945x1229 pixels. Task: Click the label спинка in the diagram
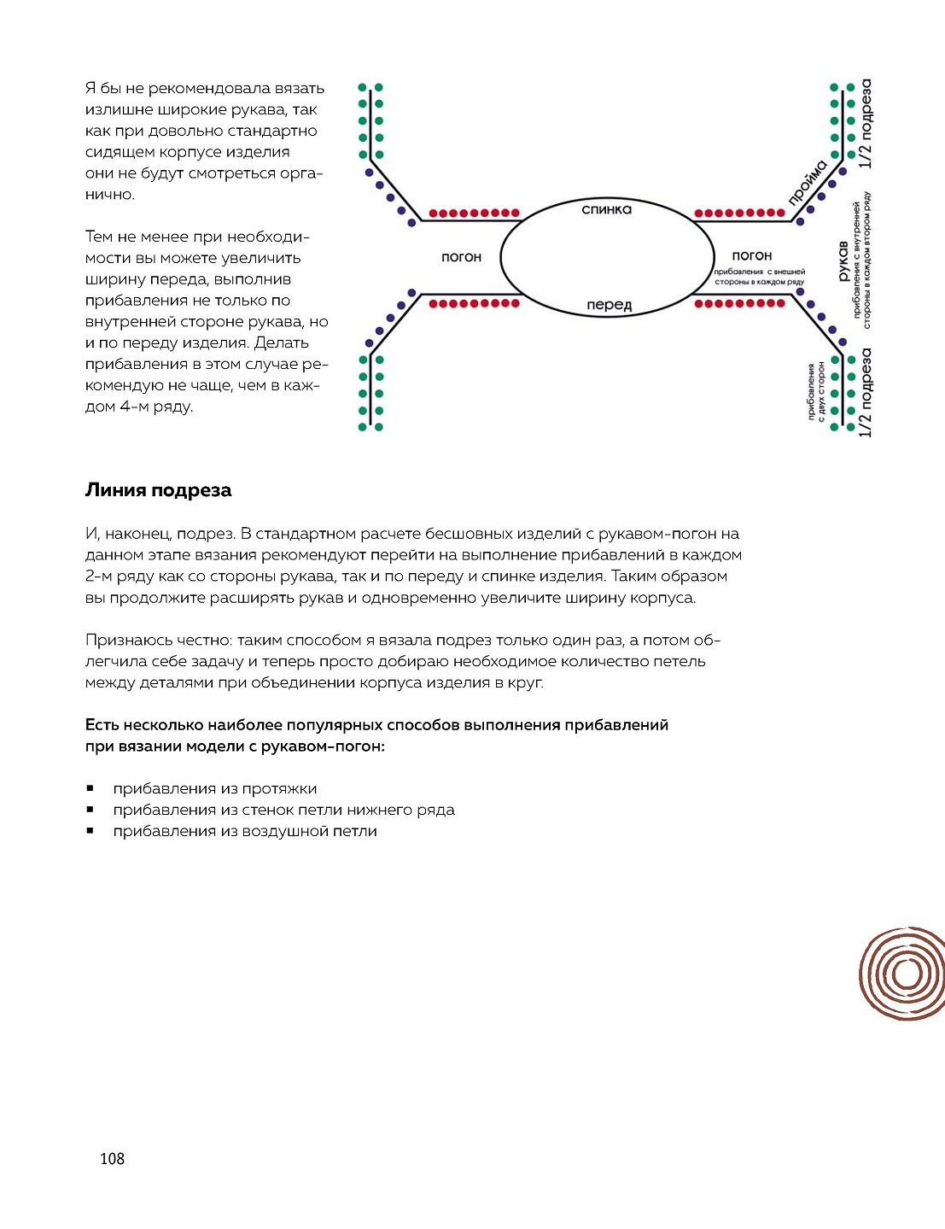pos(606,209)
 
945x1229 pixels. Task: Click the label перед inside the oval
pos(609,305)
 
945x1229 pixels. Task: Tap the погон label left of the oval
pos(461,257)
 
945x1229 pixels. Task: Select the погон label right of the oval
pos(751,255)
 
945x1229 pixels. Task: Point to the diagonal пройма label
pos(807,183)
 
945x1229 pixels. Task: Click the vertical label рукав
pos(843,260)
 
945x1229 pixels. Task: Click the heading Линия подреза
pos(158,490)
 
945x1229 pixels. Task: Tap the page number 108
pos(112,1158)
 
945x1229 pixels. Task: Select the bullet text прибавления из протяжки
pos(214,788)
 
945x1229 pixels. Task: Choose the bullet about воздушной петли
pos(244,831)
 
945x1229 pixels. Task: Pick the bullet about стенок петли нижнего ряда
pos(283,810)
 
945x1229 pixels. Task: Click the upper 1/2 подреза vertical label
pos(866,124)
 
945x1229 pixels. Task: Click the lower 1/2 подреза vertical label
pos(866,392)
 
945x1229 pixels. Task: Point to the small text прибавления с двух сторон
pos(816,392)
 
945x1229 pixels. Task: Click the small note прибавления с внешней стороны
pos(759,277)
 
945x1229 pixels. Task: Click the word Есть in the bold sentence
pos(102,725)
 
